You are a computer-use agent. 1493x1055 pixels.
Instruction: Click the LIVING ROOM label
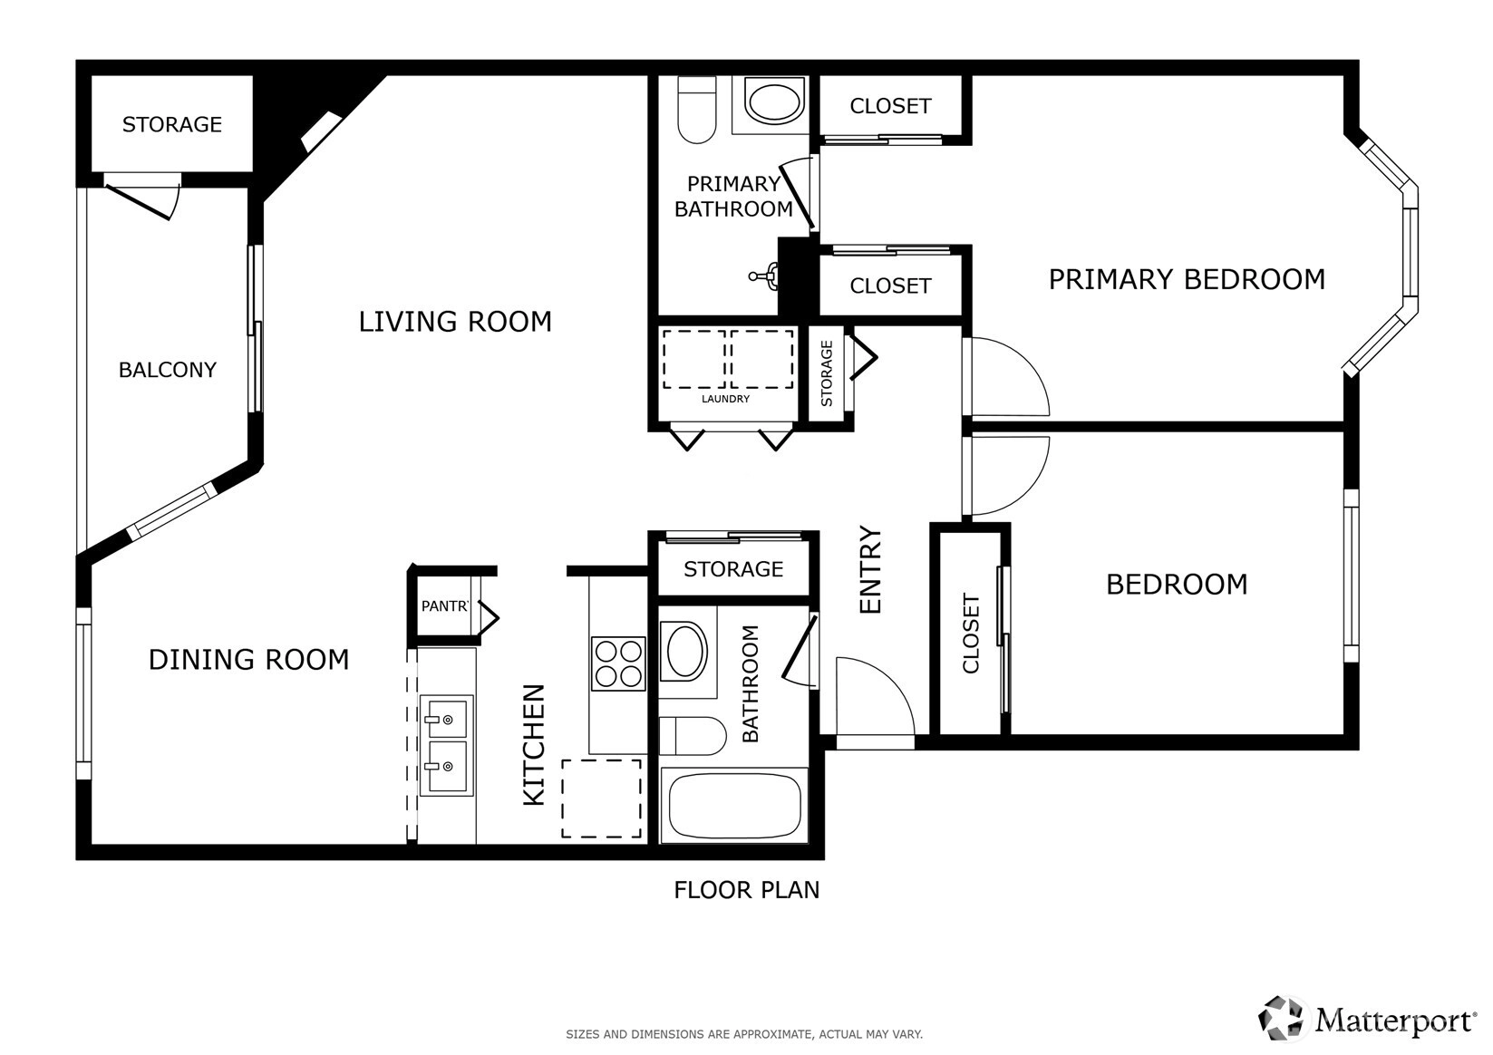(x=455, y=322)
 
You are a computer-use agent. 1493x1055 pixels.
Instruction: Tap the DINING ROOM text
(x=248, y=660)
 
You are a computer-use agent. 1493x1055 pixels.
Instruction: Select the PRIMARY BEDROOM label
(x=1188, y=279)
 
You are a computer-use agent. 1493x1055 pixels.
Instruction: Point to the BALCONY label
(x=168, y=370)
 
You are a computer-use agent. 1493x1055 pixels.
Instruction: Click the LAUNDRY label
(x=725, y=399)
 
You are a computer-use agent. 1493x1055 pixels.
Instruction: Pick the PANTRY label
(x=444, y=605)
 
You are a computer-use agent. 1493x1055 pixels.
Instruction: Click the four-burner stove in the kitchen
(x=618, y=663)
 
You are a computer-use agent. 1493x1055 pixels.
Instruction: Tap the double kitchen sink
(x=447, y=746)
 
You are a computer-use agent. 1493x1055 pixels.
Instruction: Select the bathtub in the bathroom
(x=734, y=806)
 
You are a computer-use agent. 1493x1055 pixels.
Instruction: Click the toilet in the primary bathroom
(x=696, y=110)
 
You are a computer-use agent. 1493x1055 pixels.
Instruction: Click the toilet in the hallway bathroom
(x=693, y=736)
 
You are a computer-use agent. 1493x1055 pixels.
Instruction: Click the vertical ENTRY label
(x=870, y=569)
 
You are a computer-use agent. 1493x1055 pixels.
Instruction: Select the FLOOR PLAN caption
(x=747, y=890)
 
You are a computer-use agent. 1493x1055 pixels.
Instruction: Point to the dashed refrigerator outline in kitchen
(x=601, y=799)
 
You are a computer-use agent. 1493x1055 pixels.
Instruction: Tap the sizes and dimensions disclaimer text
(x=744, y=1034)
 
